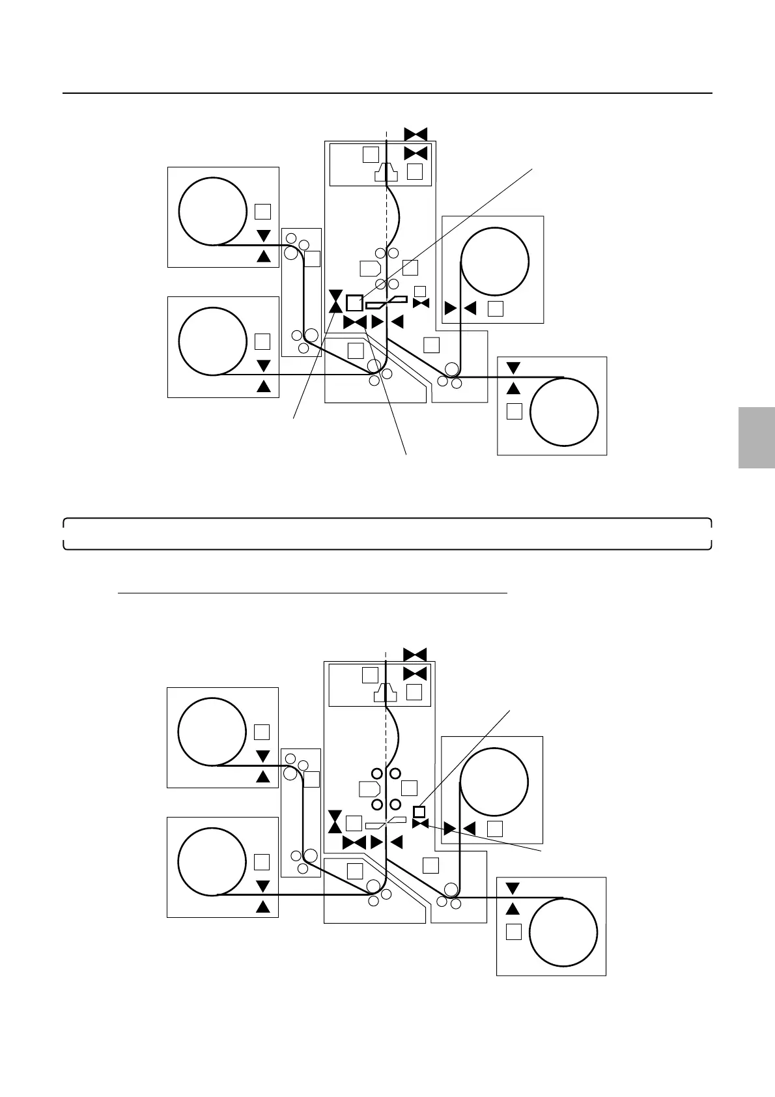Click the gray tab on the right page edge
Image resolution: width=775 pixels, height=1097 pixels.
(x=757, y=437)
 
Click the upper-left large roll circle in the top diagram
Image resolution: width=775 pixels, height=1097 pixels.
(x=212, y=211)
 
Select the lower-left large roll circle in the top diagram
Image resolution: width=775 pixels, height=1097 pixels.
(x=212, y=341)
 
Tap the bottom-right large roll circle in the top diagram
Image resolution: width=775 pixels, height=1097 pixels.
(x=564, y=412)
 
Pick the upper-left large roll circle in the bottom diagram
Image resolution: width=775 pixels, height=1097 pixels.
(x=212, y=732)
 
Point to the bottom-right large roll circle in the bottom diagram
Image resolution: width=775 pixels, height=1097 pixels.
(x=563, y=932)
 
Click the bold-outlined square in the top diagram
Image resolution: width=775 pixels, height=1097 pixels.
(x=354, y=303)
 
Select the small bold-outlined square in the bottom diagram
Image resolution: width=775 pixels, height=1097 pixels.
(x=419, y=812)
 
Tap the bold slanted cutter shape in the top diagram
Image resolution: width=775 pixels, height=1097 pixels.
(x=387, y=302)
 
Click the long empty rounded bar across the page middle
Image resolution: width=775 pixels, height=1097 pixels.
(x=387, y=534)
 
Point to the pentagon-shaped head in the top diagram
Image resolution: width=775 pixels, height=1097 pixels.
(x=370, y=268)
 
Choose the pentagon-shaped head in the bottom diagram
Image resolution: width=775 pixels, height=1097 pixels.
(x=369, y=789)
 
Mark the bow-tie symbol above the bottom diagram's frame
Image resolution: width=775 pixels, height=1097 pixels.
(x=415, y=655)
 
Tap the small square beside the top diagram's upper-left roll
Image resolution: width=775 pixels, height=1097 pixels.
(x=262, y=212)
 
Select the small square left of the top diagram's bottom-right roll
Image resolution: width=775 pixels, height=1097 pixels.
(x=514, y=412)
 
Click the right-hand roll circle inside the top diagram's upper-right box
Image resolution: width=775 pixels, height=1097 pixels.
(x=494, y=262)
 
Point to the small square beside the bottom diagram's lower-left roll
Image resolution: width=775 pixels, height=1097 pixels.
(x=261, y=862)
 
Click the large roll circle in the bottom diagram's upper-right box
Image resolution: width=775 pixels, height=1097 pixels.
(x=494, y=782)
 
